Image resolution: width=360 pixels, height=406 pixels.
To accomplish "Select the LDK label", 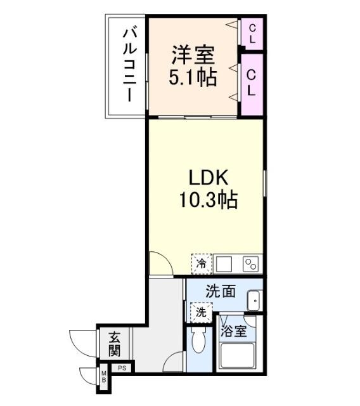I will click(x=207, y=177).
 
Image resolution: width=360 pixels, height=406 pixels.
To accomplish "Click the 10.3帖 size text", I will click(x=207, y=201).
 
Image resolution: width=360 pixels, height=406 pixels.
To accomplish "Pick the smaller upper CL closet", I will click(x=252, y=34).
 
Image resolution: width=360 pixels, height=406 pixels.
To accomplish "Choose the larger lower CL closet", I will click(x=252, y=83).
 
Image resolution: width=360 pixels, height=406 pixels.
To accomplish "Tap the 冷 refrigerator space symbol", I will click(x=202, y=262).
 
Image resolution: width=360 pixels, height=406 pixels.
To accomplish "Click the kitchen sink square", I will click(x=224, y=263).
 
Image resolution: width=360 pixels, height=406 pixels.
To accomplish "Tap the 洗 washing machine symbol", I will click(x=200, y=312).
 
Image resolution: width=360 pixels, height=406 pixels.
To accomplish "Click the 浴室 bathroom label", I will click(x=233, y=331).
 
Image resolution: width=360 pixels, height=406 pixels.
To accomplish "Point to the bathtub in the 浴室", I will click(x=236, y=358).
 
